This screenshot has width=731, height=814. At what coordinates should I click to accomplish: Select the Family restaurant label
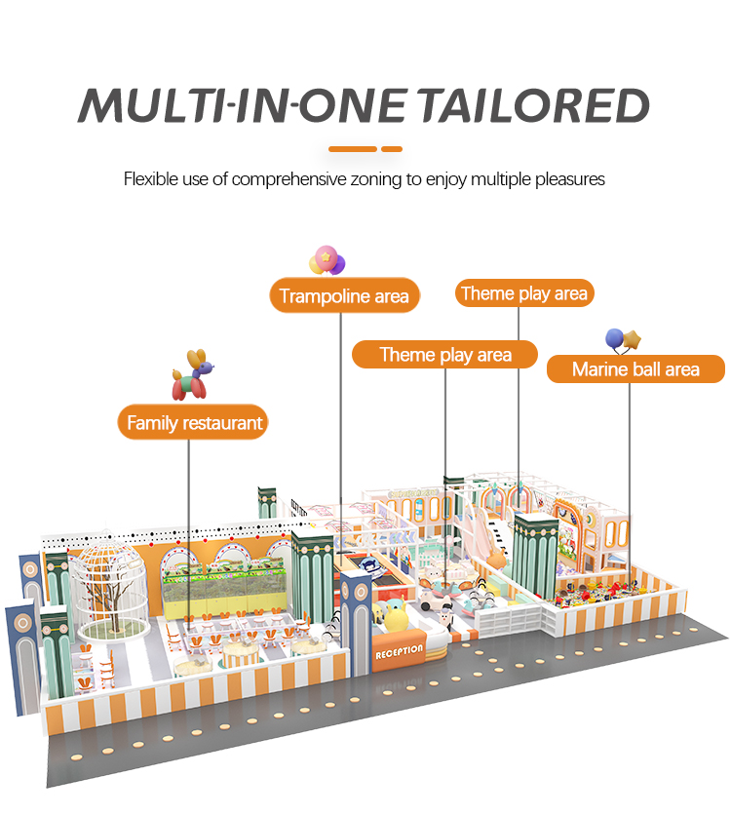click(x=195, y=423)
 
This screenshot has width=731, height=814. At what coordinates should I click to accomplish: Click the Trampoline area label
click(x=344, y=295)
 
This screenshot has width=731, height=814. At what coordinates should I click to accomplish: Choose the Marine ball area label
click(x=635, y=368)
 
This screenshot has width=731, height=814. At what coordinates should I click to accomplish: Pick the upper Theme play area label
click(x=524, y=293)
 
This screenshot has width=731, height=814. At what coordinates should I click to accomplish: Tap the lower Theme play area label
click(x=445, y=354)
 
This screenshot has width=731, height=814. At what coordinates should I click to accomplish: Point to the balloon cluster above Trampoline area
click(x=327, y=260)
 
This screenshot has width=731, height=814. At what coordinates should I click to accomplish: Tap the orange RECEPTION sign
click(x=399, y=650)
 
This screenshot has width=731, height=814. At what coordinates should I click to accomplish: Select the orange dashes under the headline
click(x=365, y=149)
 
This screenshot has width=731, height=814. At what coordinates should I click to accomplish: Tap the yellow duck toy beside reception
click(x=396, y=617)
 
